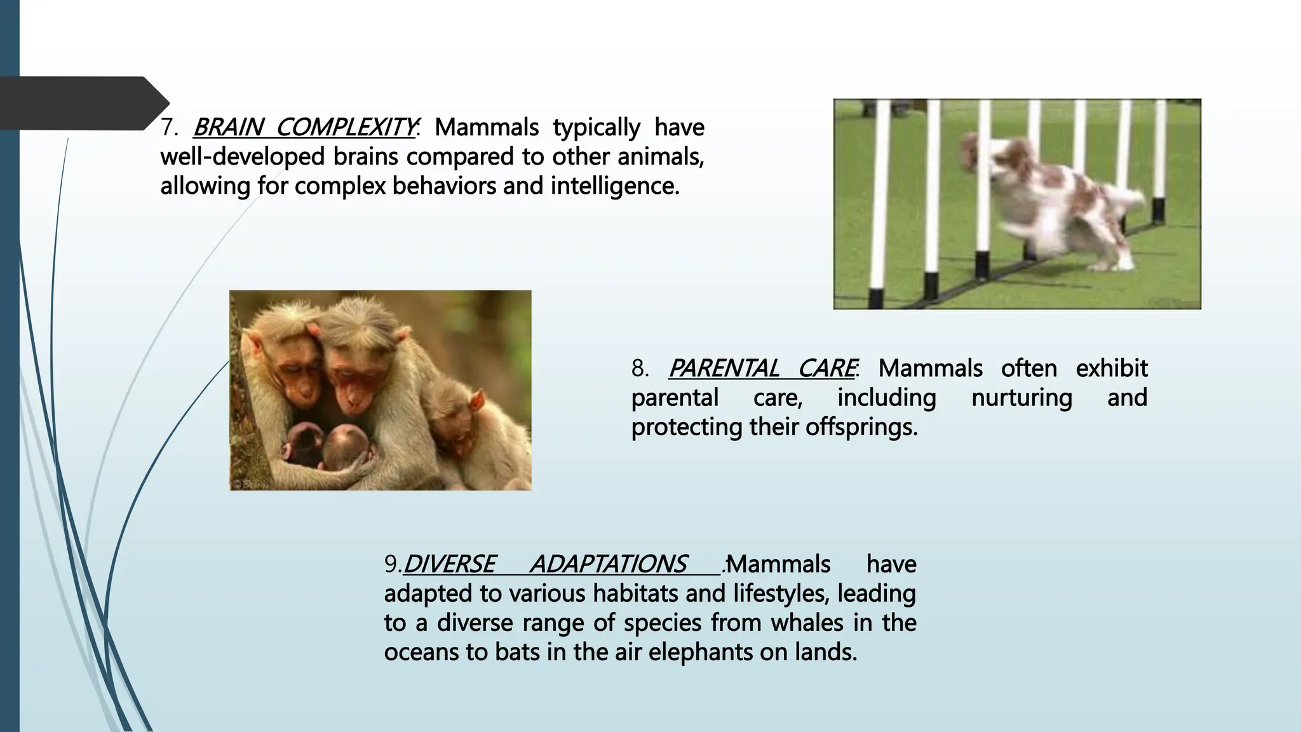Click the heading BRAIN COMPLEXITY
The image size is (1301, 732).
304,128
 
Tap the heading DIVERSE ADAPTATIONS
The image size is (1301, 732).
544,564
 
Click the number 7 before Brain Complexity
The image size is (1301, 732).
168,128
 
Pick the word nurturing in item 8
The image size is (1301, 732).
1021,398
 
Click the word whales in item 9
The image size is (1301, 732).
807,623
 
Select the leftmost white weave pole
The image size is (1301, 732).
879,210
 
